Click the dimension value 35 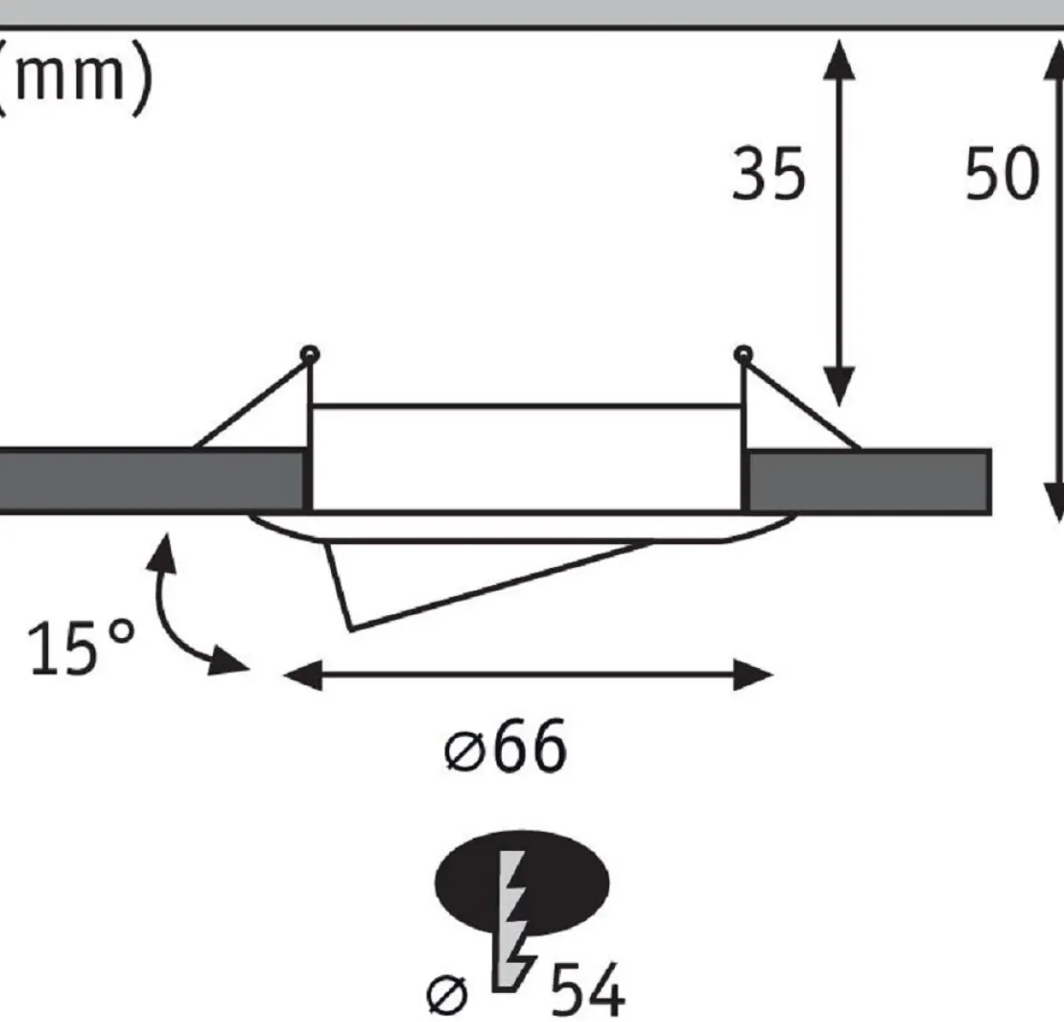pyautogui.click(x=768, y=174)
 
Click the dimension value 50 pyautogui.click(x=1001, y=174)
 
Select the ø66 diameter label pyautogui.click(x=505, y=746)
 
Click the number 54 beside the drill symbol pyautogui.click(x=587, y=988)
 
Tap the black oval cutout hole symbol pyautogui.click(x=522, y=883)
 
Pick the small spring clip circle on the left pyautogui.click(x=310, y=354)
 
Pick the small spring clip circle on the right pyautogui.click(x=743, y=354)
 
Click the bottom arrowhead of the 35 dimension pyautogui.click(x=839, y=386)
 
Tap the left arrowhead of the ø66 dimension pyautogui.click(x=303, y=675)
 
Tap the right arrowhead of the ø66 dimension pyautogui.click(x=753, y=675)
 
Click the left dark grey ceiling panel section pyautogui.click(x=151, y=480)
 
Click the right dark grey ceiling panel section pyautogui.click(x=869, y=481)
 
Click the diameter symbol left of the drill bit pyautogui.click(x=447, y=995)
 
